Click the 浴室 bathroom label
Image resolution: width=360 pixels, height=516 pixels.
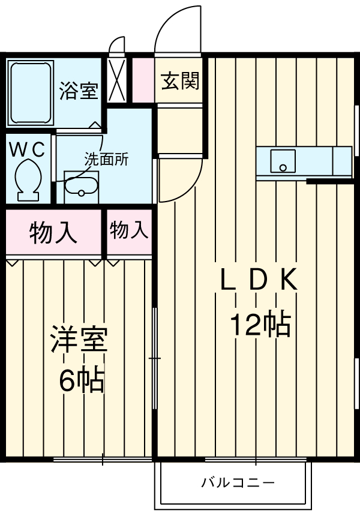[x=79, y=92]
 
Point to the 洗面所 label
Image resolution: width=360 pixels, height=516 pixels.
[x=106, y=160]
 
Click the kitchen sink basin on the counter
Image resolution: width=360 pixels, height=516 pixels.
[x=283, y=161]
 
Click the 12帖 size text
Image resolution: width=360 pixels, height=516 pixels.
[x=260, y=325]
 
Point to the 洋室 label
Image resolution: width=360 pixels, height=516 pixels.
[x=79, y=340]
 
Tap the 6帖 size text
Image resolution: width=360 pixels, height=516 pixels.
[x=81, y=380]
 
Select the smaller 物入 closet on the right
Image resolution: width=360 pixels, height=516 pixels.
[x=128, y=230]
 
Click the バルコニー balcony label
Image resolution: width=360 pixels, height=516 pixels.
[x=238, y=482]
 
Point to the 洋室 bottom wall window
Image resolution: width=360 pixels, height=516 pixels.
[x=102, y=460]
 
